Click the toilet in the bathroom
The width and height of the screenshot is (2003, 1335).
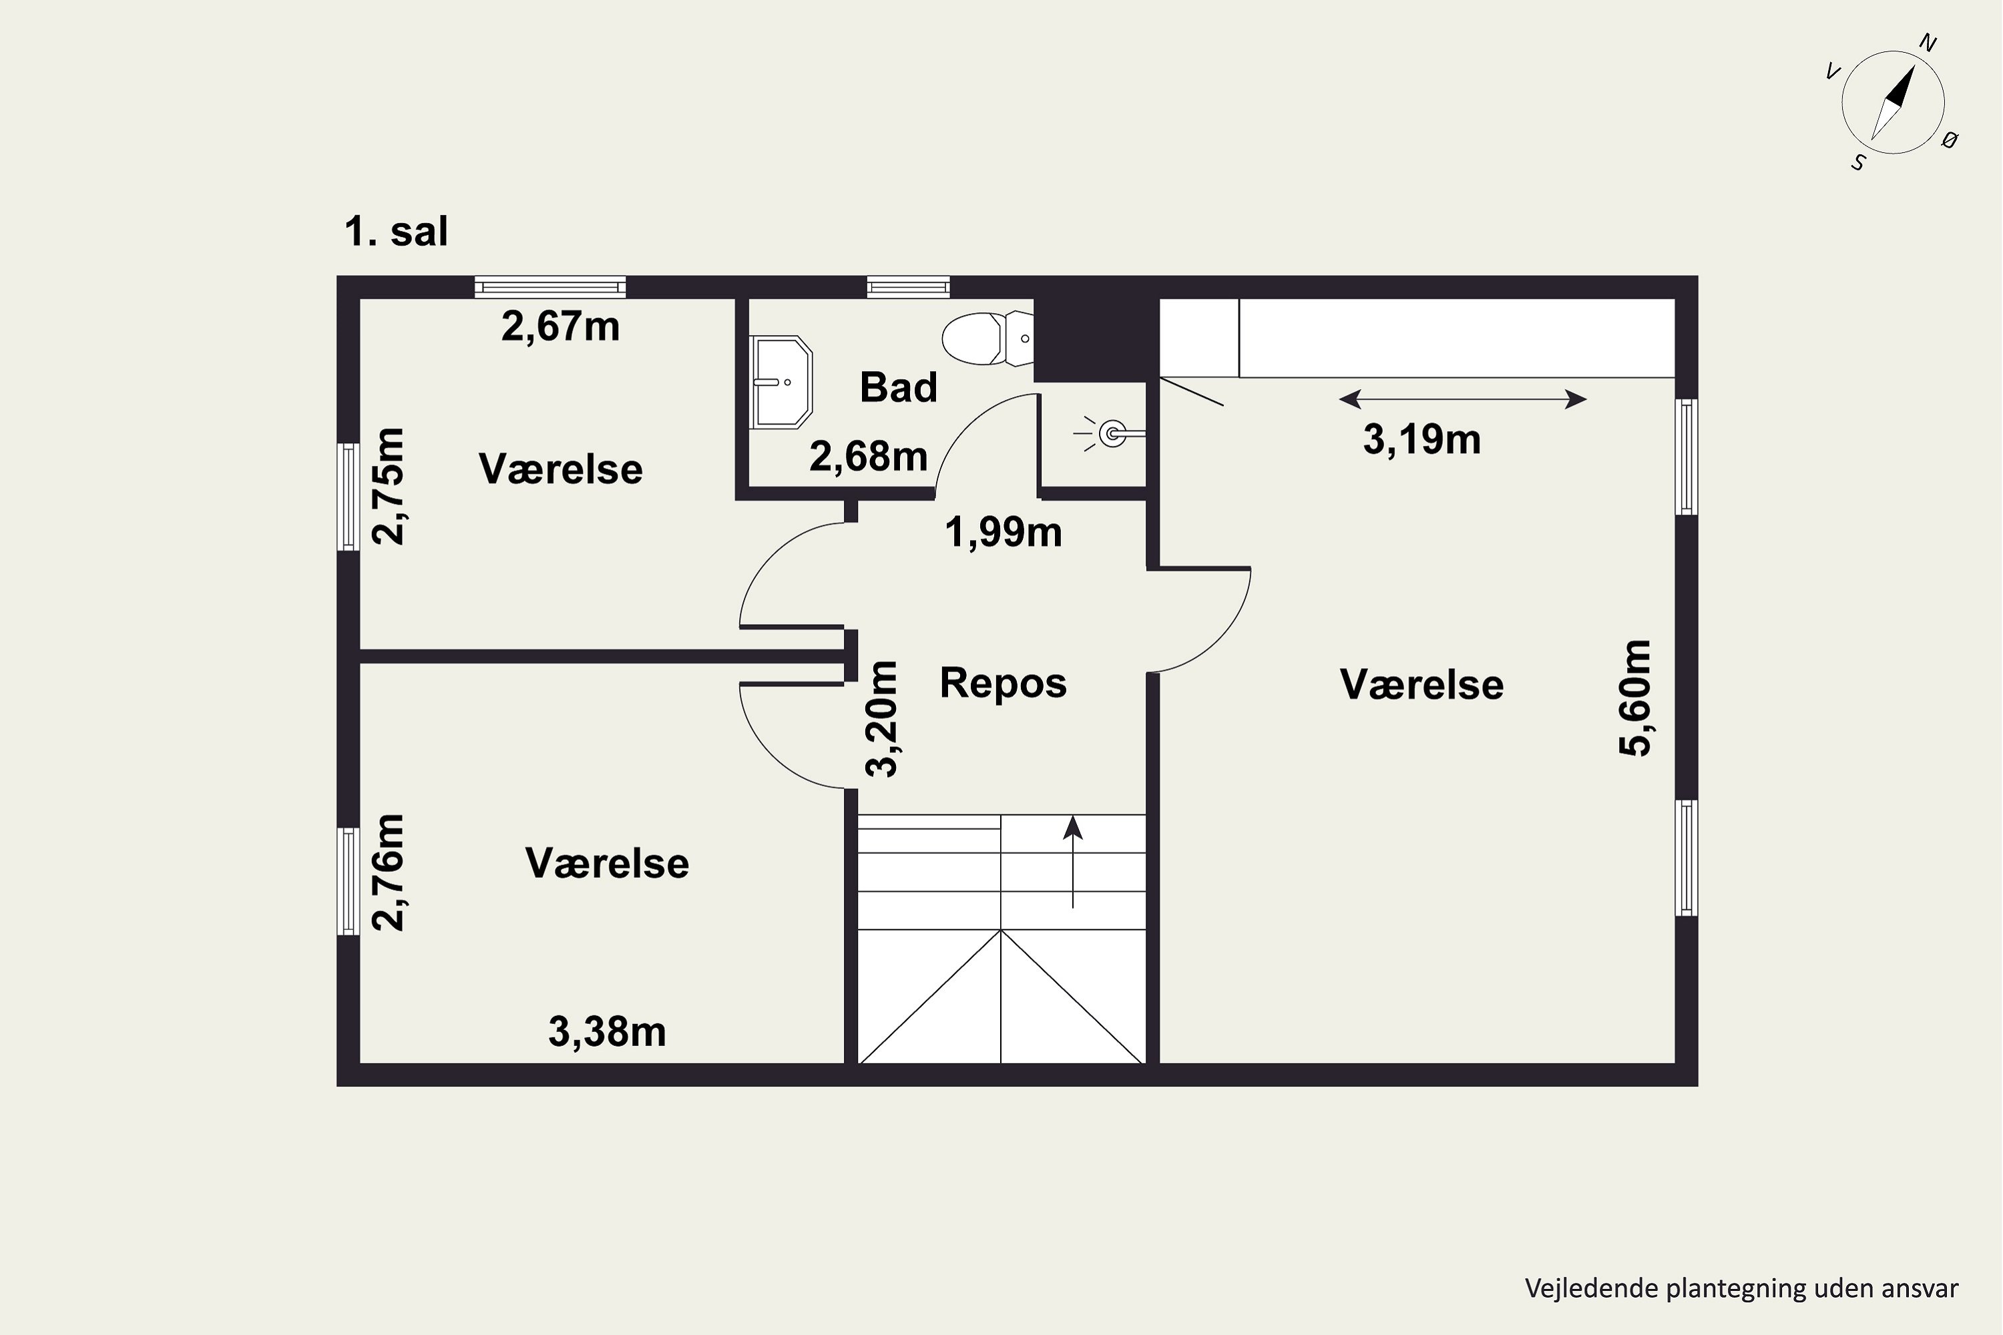[x=988, y=339]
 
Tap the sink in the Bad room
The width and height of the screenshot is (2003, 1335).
[x=781, y=381]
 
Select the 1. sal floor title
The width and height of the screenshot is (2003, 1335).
[x=396, y=232]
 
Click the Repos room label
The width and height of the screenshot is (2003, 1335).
[x=1004, y=683]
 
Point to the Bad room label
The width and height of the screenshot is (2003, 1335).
[x=899, y=387]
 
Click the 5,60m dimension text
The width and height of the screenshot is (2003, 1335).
[x=1635, y=698]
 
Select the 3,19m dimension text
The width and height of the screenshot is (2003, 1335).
[x=1422, y=439]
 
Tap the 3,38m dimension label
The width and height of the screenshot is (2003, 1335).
[x=607, y=1032]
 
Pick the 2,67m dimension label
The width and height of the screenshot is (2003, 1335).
[x=560, y=326]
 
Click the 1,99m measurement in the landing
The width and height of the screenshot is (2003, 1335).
[x=1004, y=532]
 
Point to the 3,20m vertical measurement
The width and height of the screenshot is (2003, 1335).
[x=881, y=719]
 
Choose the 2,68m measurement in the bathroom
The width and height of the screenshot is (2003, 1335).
[x=868, y=457]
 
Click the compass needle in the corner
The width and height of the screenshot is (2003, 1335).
[x=1892, y=103]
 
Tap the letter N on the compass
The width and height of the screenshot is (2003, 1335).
[x=1927, y=43]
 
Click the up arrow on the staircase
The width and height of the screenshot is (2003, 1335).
[x=1073, y=862]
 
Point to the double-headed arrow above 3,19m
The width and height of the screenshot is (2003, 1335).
[x=1462, y=398]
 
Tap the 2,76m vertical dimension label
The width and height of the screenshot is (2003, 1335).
[x=389, y=872]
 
